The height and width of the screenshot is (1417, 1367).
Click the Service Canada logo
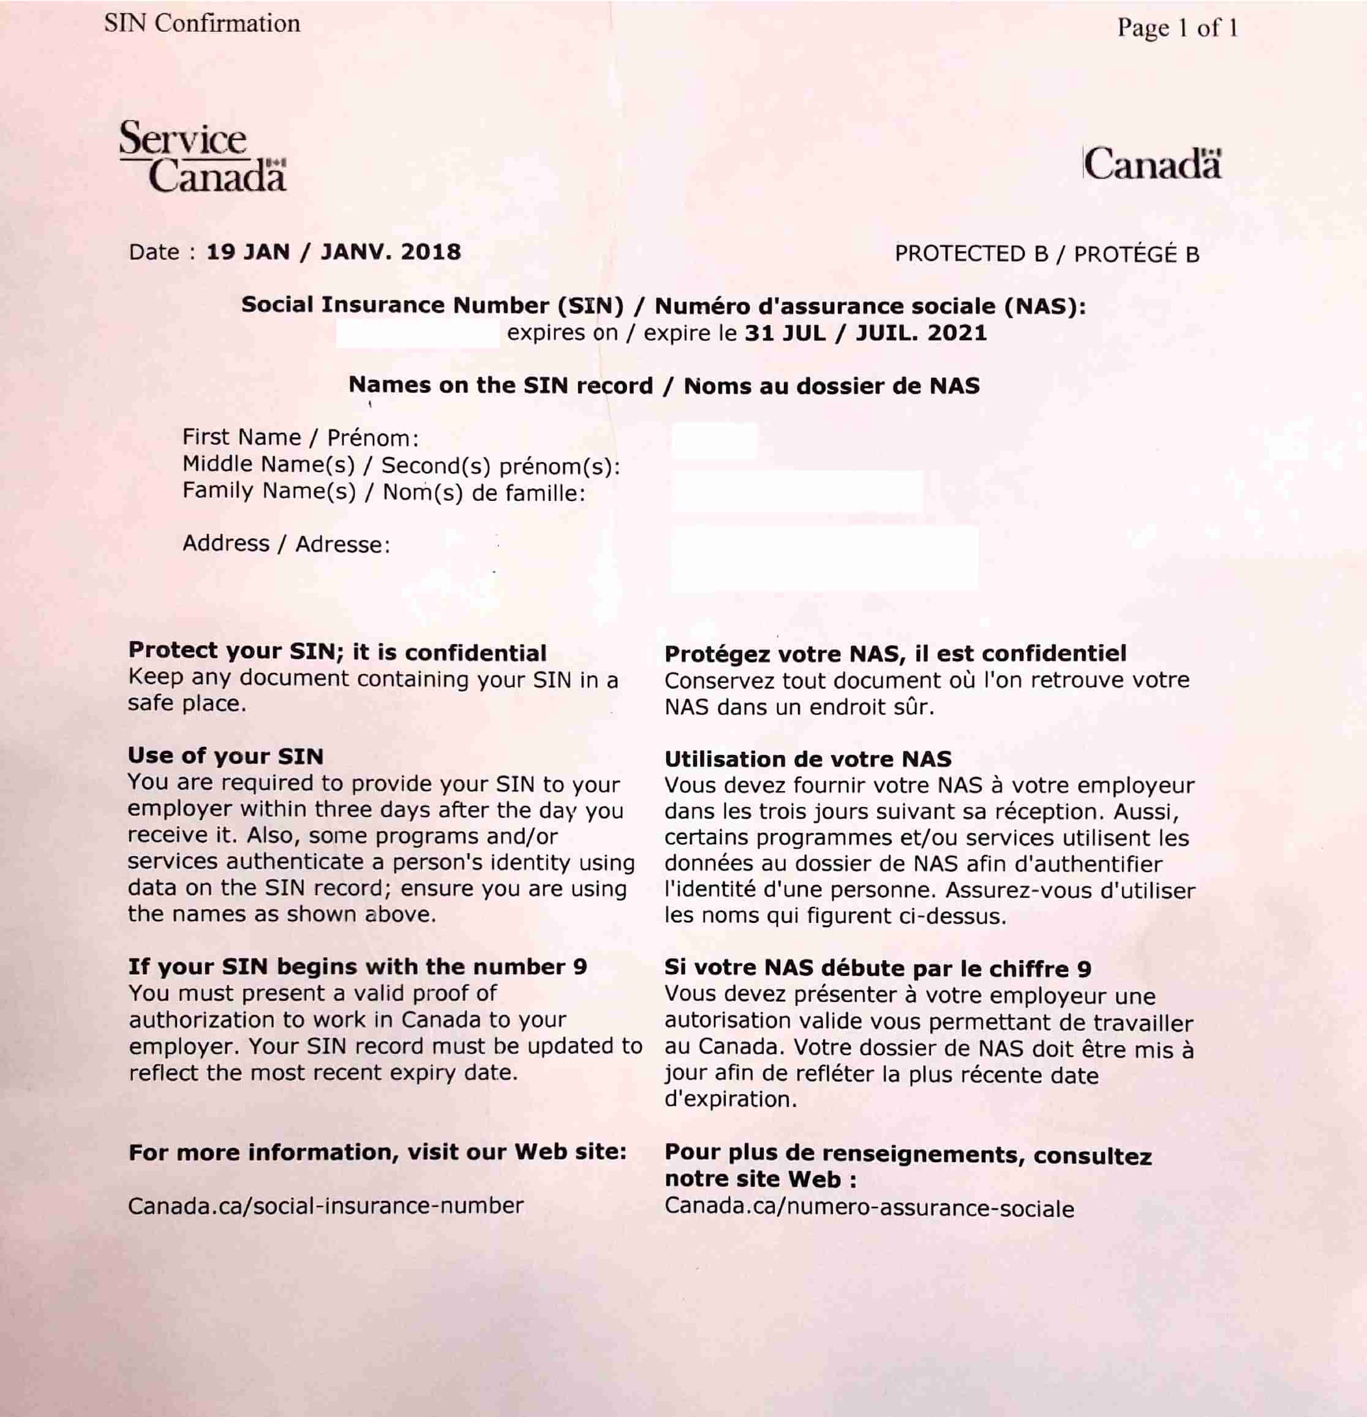(202, 156)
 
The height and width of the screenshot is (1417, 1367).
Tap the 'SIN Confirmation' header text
(201, 24)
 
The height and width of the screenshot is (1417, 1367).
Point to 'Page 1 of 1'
(1177, 28)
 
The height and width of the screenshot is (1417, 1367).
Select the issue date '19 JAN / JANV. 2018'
(333, 252)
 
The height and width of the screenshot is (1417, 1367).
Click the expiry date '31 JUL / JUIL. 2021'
(865, 333)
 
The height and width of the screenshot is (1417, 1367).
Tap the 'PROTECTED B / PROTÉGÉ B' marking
(1047, 255)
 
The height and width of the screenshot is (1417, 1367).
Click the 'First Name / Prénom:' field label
(300, 437)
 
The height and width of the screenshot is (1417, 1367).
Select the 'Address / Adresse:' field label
(286, 544)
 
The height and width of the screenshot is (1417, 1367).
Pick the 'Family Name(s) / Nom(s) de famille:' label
(383, 492)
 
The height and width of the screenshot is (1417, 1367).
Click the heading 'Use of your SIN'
(225, 756)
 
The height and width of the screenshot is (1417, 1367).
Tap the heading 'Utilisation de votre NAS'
(807, 759)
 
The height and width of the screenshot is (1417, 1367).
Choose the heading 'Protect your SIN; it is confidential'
(337, 652)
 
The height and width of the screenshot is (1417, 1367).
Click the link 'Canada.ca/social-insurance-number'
(325, 1206)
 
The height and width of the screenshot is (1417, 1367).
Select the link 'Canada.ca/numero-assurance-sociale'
(869, 1208)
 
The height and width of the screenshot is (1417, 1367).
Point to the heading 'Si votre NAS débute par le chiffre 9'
(878, 969)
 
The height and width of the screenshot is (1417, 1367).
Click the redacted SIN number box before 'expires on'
(417, 335)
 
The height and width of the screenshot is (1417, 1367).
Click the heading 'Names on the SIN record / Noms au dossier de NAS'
(664, 385)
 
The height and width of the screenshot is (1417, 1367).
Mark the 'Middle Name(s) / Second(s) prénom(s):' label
(401, 465)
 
